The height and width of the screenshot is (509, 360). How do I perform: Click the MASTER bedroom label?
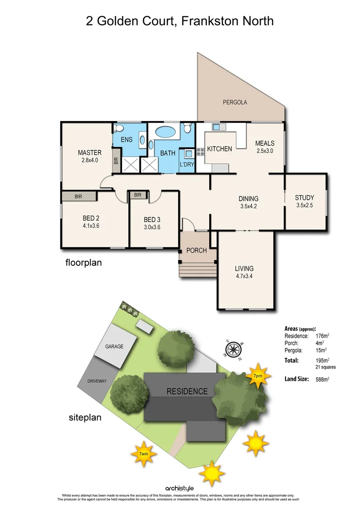pyautogui.click(x=90, y=152)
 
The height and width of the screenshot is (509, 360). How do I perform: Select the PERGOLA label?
pyautogui.click(x=235, y=102)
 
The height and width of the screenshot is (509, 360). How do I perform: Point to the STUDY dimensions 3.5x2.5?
pyautogui.click(x=304, y=205)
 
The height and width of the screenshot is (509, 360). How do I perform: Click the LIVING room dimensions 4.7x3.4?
pyautogui.click(x=244, y=277)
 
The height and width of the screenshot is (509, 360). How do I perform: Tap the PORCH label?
pyautogui.click(x=196, y=250)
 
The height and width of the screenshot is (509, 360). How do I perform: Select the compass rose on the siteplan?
pyautogui.click(x=233, y=350)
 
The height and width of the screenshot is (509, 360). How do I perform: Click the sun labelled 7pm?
pyautogui.click(x=257, y=376)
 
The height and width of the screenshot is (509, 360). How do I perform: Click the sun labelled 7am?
pyautogui.click(x=143, y=453)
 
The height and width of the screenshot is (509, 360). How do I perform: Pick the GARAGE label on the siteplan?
pyautogui.click(x=114, y=346)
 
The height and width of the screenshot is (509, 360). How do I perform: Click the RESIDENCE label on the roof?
pyautogui.click(x=187, y=391)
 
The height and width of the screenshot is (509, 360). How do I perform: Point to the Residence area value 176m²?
pyautogui.click(x=322, y=336)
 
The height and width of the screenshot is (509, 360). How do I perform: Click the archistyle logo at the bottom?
pyautogui.click(x=180, y=488)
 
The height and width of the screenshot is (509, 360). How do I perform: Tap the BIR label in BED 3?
pyautogui.click(x=138, y=195)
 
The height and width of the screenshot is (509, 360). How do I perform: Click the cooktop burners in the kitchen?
pyautogui.click(x=200, y=152)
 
